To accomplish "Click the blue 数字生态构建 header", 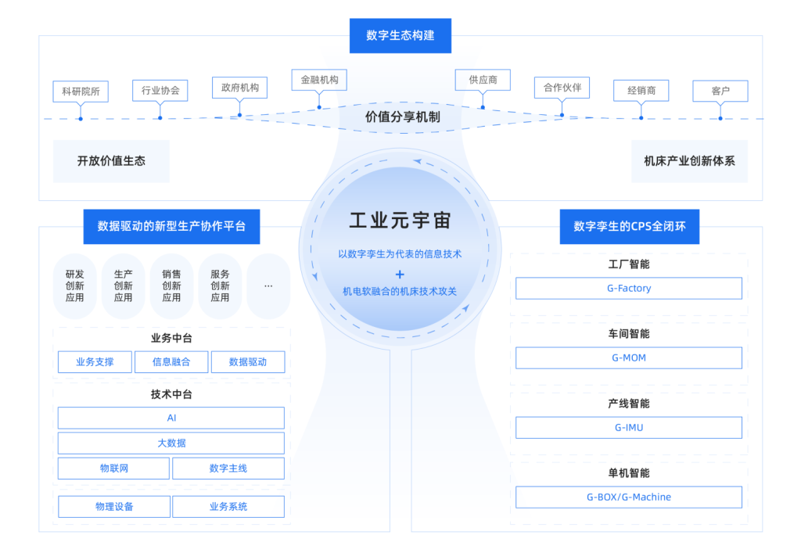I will tap(400, 35).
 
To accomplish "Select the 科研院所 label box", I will tap(81, 92).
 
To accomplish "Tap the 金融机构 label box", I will tap(319, 80).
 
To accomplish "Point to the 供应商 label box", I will tap(483, 80).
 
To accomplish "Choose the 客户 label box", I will tap(720, 92).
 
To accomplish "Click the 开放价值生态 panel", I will tap(111, 161).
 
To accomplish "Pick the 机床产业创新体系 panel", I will tap(689, 161).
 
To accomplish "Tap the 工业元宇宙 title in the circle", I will tap(400, 221).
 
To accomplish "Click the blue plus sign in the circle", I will tap(400, 274).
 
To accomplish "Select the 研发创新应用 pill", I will tap(75, 286).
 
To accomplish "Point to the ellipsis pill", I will tap(268, 286).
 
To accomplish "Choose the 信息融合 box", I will tap(171, 362).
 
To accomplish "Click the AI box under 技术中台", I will tap(171, 418).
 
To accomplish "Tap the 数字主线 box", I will tap(228, 469).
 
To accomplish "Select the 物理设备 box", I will tap(114, 507).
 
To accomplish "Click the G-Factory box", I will tap(629, 289).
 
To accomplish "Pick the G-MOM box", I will tap(629, 358).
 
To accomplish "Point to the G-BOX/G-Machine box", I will tap(629, 498).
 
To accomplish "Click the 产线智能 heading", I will tap(629, 404).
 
